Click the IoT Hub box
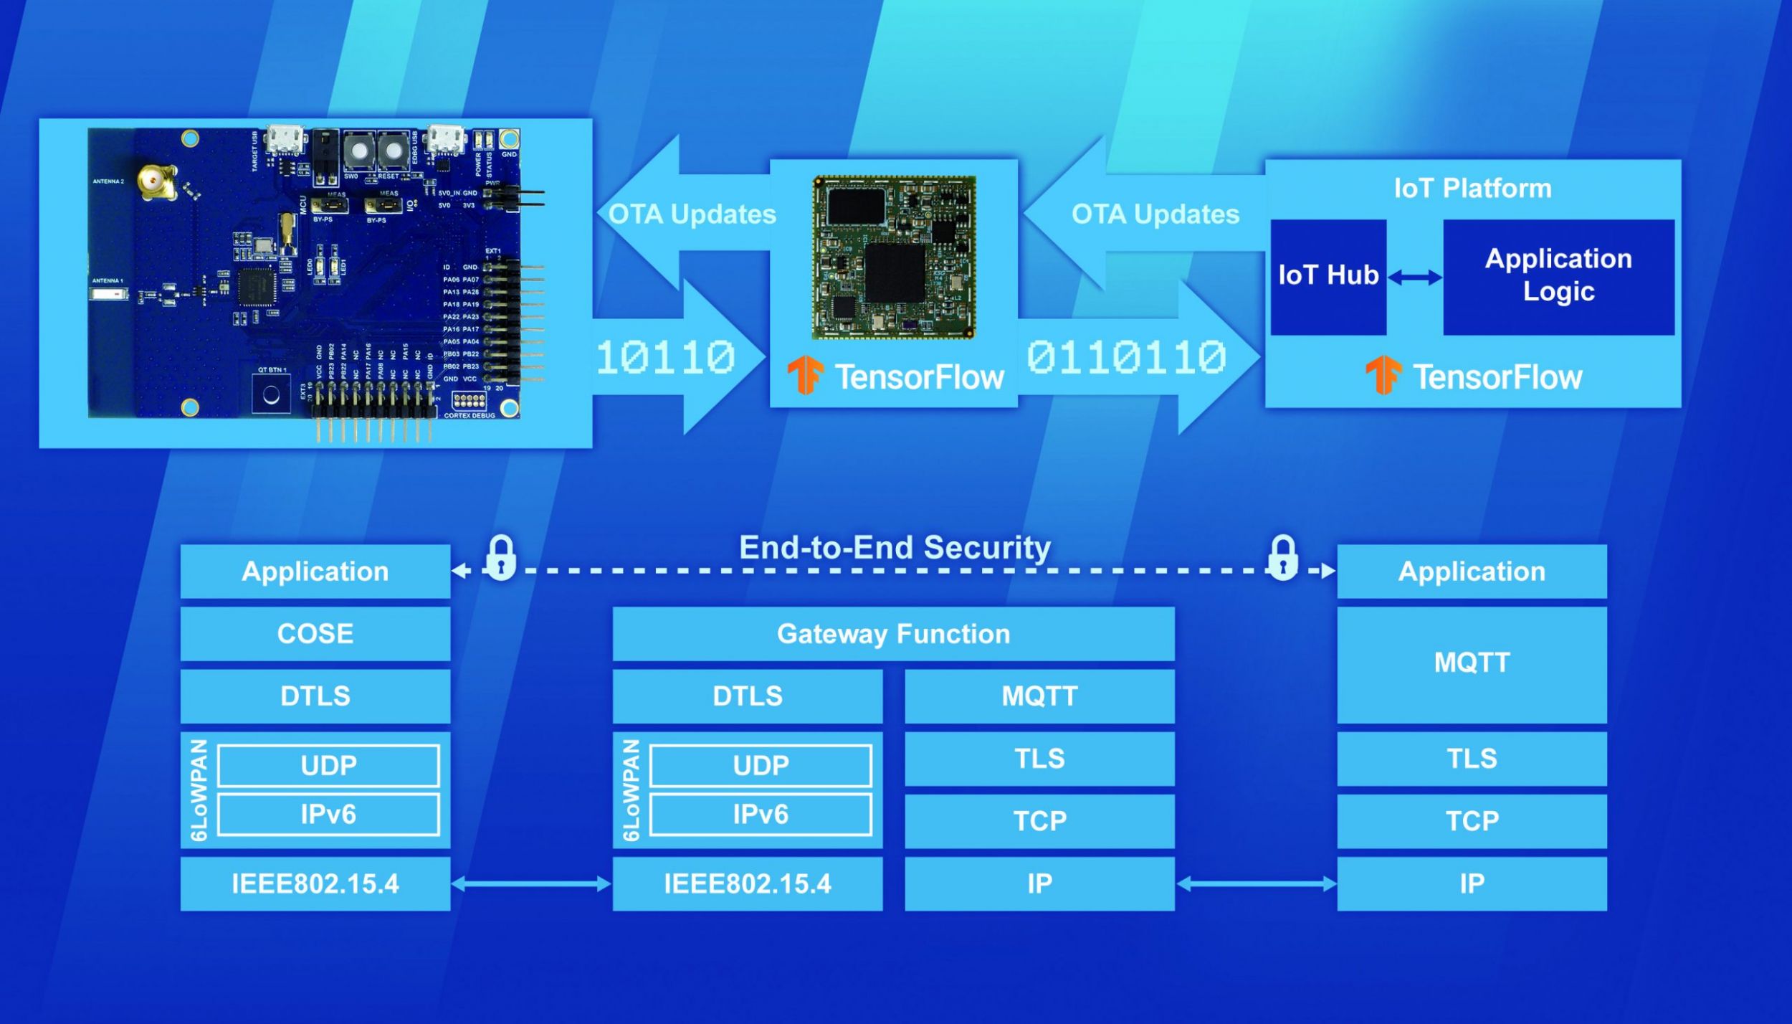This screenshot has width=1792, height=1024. point(1328,277)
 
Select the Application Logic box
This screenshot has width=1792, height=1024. point(1558,277)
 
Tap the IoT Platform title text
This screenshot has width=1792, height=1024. point(1472,188)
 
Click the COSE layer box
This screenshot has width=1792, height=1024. point(315,634)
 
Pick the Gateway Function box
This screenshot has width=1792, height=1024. point(893,634)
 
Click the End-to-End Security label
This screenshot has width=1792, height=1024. point(895,547)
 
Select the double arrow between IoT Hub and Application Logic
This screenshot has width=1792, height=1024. point(1414,278)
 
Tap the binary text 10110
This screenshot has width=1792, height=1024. point(665,357)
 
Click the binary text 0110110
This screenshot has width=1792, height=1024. point(1126,357)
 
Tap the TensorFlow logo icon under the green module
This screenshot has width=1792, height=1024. point(805,375)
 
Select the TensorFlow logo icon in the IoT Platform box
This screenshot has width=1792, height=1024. point(1383,375)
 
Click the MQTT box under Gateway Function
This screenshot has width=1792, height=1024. point(1039,696)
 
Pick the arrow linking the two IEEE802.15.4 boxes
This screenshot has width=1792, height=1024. point(531,884)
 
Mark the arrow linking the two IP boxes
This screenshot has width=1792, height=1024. point(1256,884)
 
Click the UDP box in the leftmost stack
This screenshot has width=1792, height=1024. point(328,766)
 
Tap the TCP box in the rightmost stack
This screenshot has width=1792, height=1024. point(1472,821)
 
